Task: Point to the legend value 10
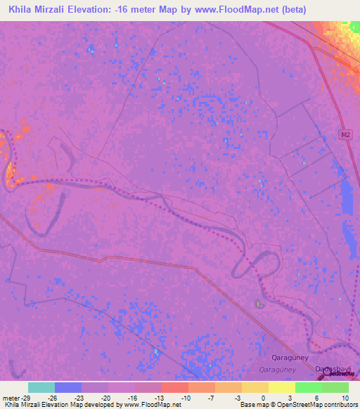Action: (x=345, y=397)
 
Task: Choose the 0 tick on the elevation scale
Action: (x=262, y=397)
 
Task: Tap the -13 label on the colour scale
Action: (x=158, y=397)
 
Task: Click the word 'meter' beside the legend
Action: (x=12, y=397)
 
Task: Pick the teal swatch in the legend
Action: (x=41, y=387)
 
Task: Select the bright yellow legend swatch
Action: (x=281, y=387)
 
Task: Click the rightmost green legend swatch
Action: (x=335, y=387)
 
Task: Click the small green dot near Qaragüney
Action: (x=257, y=304)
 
